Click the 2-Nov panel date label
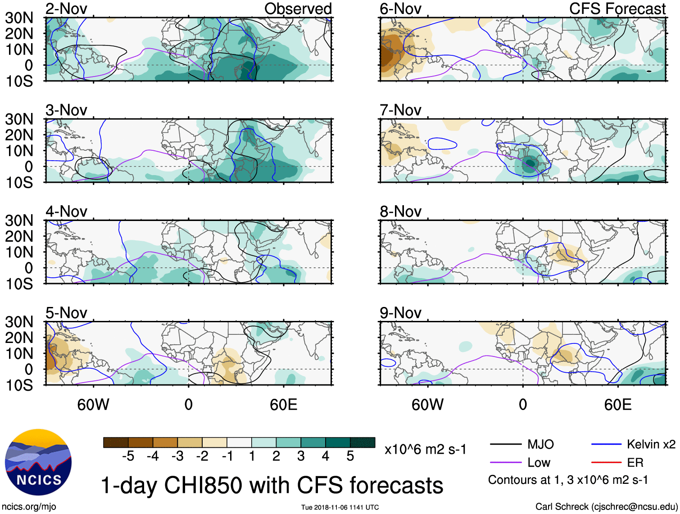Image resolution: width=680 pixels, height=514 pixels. [66, 9]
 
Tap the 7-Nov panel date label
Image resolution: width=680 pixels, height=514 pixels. [400, 110]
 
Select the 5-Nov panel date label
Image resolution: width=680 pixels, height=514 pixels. [66, 312]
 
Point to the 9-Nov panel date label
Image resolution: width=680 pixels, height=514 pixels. [400, 312]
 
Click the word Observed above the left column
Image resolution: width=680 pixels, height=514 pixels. [298, 9]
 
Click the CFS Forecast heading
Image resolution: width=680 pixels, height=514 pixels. [617, 9]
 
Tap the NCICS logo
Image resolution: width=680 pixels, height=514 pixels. [38, 462]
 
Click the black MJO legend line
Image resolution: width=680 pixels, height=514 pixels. [505, 445]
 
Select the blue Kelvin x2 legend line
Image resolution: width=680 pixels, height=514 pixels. [606, 445]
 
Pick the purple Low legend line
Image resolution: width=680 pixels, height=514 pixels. [505, 462]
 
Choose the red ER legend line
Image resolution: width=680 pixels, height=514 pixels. [606, 462]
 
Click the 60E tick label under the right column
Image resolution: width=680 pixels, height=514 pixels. [617, 405]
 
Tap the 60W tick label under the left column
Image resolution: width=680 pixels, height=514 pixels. [93, 405]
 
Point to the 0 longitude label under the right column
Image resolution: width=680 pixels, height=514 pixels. [522, 405]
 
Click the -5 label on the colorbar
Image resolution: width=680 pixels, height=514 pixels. [128, 456]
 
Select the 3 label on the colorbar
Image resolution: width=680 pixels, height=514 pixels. [301, 456]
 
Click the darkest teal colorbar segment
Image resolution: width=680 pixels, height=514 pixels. [363, 442]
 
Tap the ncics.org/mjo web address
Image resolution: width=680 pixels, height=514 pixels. [29, 507]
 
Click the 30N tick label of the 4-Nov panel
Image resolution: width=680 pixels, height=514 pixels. [19, 221]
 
